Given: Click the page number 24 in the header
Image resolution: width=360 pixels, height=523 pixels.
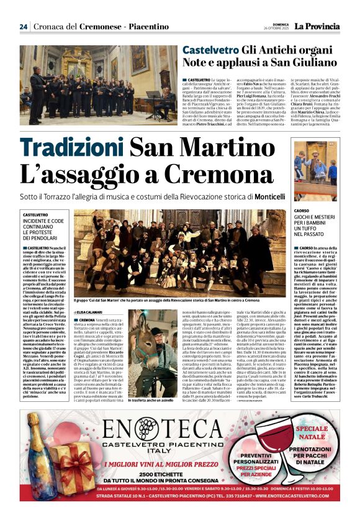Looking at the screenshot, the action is (x=24, y=27).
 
